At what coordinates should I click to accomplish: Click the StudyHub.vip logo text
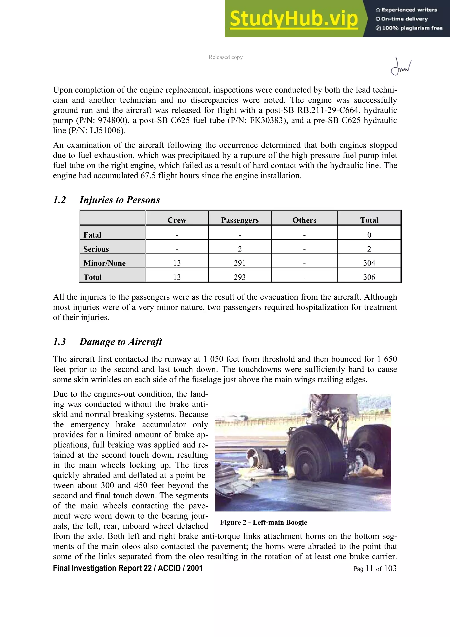(x=294, y=19)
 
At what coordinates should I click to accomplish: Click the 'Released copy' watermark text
(x=225, y=57)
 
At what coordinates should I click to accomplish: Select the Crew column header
(x=177, y=220)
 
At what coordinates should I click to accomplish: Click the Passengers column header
(x=240, y=220)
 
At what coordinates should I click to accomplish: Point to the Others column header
(x=304, y=220)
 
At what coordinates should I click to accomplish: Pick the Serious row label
(x=96, y=249)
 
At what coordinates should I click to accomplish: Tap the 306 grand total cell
(x=369, y=277)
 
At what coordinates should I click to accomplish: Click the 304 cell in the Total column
(x=369, y=263)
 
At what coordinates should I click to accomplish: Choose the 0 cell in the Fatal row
(x=369, y=235)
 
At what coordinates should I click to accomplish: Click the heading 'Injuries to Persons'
(x=120, y=200)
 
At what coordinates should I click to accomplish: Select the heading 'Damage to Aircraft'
(x=120, y=342)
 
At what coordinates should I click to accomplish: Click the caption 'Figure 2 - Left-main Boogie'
(x=263, y=522)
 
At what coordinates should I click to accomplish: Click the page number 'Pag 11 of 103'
(x=375, y=568)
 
